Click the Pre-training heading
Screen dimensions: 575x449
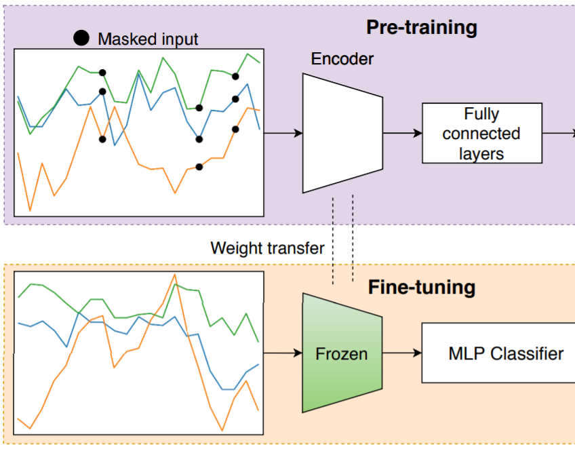click(422, 28)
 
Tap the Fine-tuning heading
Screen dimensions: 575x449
click(422, 287)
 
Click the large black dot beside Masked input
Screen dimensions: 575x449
click(81, 38)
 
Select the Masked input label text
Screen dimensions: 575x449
click(148, 39)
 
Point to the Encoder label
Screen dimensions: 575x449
click(342, 59)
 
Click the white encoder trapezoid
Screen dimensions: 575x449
click(342, 133)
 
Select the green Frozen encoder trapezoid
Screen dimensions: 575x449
click(342, 353)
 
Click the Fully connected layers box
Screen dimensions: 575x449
click(482, 133)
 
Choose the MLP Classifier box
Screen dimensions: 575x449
click(498, 353)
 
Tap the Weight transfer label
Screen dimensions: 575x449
click(267, 248)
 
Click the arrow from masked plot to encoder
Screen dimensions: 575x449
click(283, 133)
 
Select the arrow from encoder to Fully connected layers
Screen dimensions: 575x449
click(402, 133)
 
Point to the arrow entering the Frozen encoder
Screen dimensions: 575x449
click(283, 353)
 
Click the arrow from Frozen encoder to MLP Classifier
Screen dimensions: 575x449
click(402, 353)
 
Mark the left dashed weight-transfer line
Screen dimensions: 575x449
click(333, 241)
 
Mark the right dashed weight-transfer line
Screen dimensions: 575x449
click(353, 239)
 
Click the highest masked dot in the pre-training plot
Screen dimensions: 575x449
click(102, 73)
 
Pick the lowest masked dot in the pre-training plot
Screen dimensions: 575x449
click(199, 167)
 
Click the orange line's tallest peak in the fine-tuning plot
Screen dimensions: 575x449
click(175, 274)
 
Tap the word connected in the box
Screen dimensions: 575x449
click(481, 134)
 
